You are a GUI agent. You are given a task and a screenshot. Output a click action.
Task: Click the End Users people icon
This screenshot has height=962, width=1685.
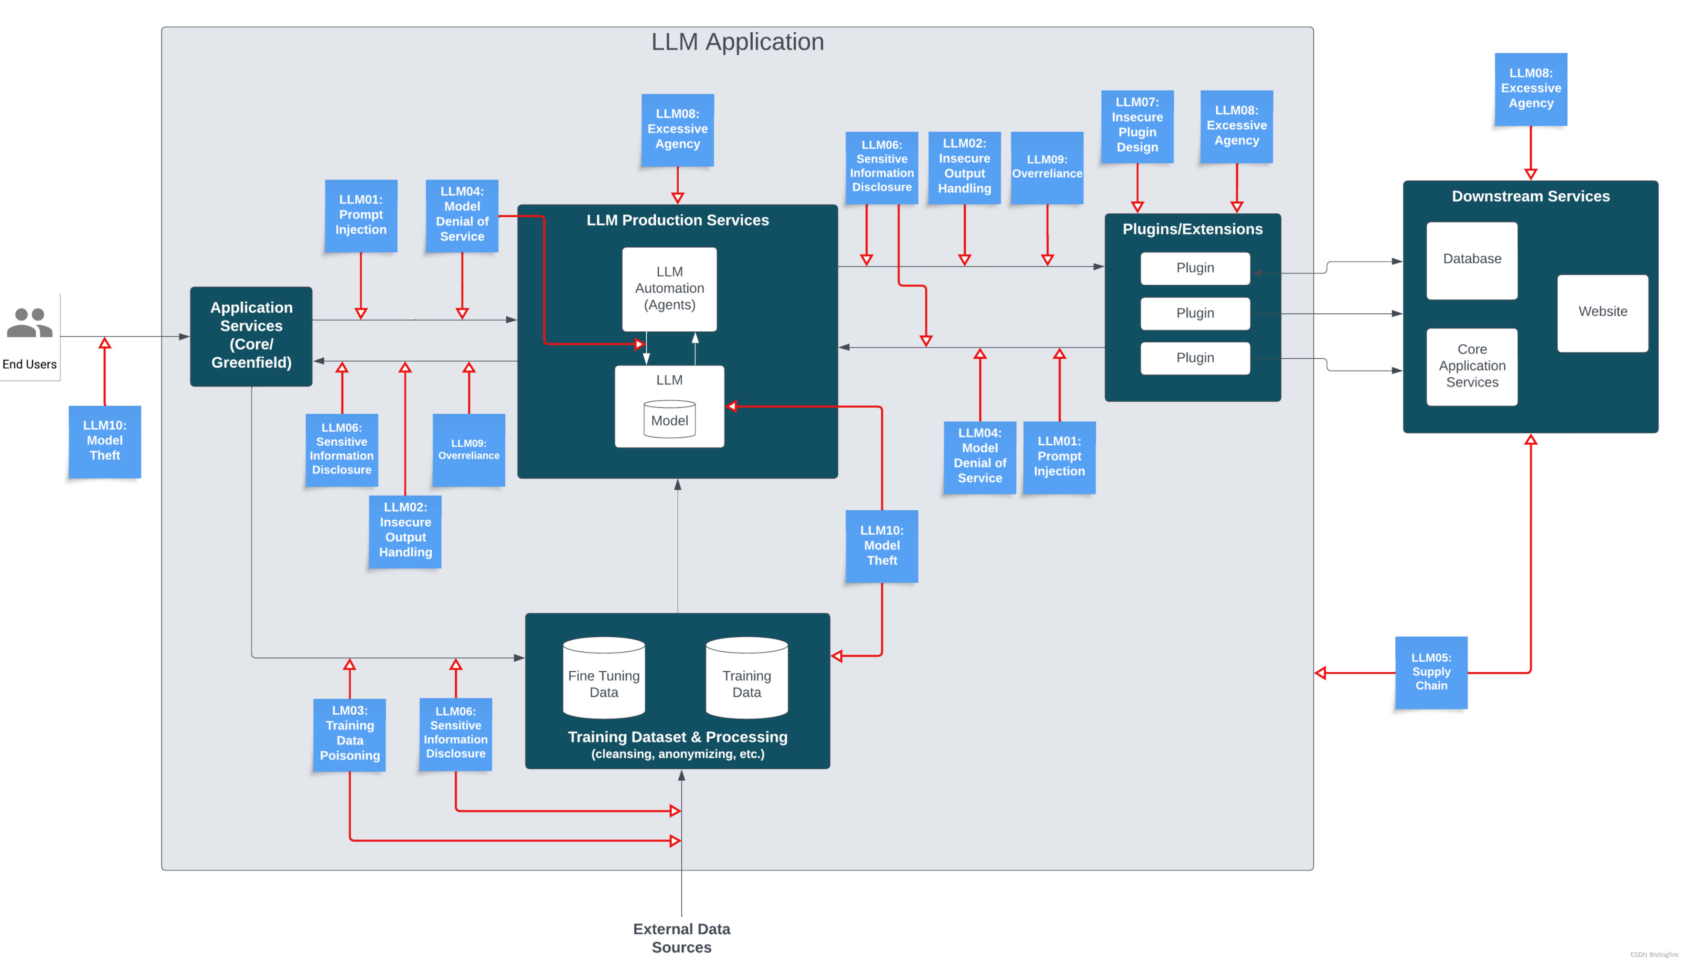pos(29,323)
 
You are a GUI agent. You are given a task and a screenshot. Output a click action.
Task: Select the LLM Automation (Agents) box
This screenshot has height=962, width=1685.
pos(669,289)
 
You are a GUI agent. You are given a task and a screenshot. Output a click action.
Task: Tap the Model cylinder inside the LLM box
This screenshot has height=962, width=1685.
pos(669,419)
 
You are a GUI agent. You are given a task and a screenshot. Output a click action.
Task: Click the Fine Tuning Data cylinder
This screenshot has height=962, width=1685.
pos(603,677)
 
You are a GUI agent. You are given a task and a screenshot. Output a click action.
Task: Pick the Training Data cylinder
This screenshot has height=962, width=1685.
pos(746,677)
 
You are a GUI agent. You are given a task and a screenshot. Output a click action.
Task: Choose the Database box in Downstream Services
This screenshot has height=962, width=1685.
pos(1472,260)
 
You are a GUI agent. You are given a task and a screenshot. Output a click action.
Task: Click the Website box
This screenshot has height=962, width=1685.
pos(1602,313)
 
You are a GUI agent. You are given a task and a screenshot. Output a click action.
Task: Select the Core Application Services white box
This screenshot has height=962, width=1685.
pos(1472,367)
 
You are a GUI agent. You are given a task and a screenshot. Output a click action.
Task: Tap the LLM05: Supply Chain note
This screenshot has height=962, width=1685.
pos(1431,672)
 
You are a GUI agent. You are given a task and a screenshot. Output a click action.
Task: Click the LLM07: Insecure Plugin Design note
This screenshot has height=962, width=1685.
pos(1137,126)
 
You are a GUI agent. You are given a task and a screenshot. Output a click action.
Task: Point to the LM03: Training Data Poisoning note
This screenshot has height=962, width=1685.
pos(349,734)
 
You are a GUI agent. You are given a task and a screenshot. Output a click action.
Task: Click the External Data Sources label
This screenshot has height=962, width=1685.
pos(681,938)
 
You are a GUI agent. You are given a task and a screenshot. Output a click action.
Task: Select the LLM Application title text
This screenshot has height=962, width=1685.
pos(737,42)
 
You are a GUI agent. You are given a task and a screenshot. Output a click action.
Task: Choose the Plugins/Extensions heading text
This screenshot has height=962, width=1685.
pos(1192,229)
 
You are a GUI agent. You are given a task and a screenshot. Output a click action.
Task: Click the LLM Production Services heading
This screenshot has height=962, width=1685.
pos(677,220)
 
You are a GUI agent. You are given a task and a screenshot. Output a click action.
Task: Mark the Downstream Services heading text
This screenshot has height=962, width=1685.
pos(1530,196)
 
